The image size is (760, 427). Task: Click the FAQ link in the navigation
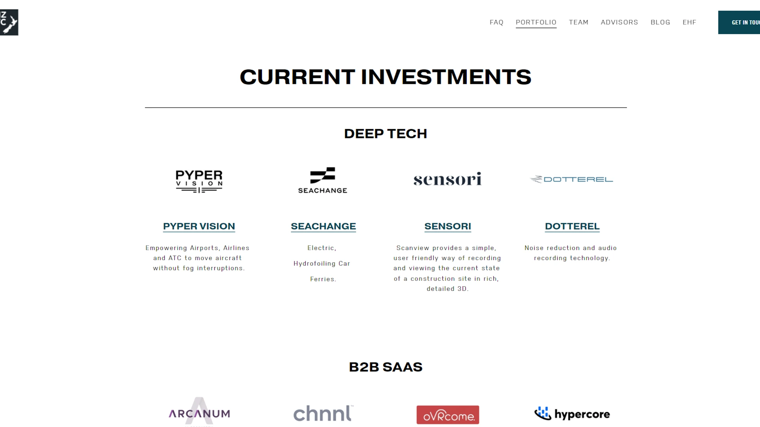(x=496, y=23)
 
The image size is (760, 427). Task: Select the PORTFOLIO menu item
(x=536, y=23)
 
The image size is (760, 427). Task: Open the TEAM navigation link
(x=578, y=23)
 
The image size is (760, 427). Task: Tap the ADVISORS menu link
(x=619, y=23)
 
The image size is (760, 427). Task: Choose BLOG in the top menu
(x=660, y=23)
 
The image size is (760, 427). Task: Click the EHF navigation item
(x=689, y=23)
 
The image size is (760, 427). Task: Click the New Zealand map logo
(x=9, y=23)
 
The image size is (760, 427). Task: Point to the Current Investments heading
(x=386, y=77)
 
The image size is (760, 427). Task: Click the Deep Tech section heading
(x=386, y=134)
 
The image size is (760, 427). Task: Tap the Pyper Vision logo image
(x=199, y=181)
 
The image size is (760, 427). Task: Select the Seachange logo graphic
(x=323, y=180)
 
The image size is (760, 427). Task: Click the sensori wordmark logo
(x=448, y=179)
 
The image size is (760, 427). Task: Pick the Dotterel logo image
(x=572, y=179)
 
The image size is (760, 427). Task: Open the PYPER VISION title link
(x=199, y=226)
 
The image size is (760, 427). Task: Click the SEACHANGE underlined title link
(x=323, y=226)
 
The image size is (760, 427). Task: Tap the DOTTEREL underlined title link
(x=572, y=226)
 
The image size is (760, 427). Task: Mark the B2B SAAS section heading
(x=386, y=367)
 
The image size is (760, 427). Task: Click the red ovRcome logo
(x=448, y=415)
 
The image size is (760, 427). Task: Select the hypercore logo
(x=572, y=414)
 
